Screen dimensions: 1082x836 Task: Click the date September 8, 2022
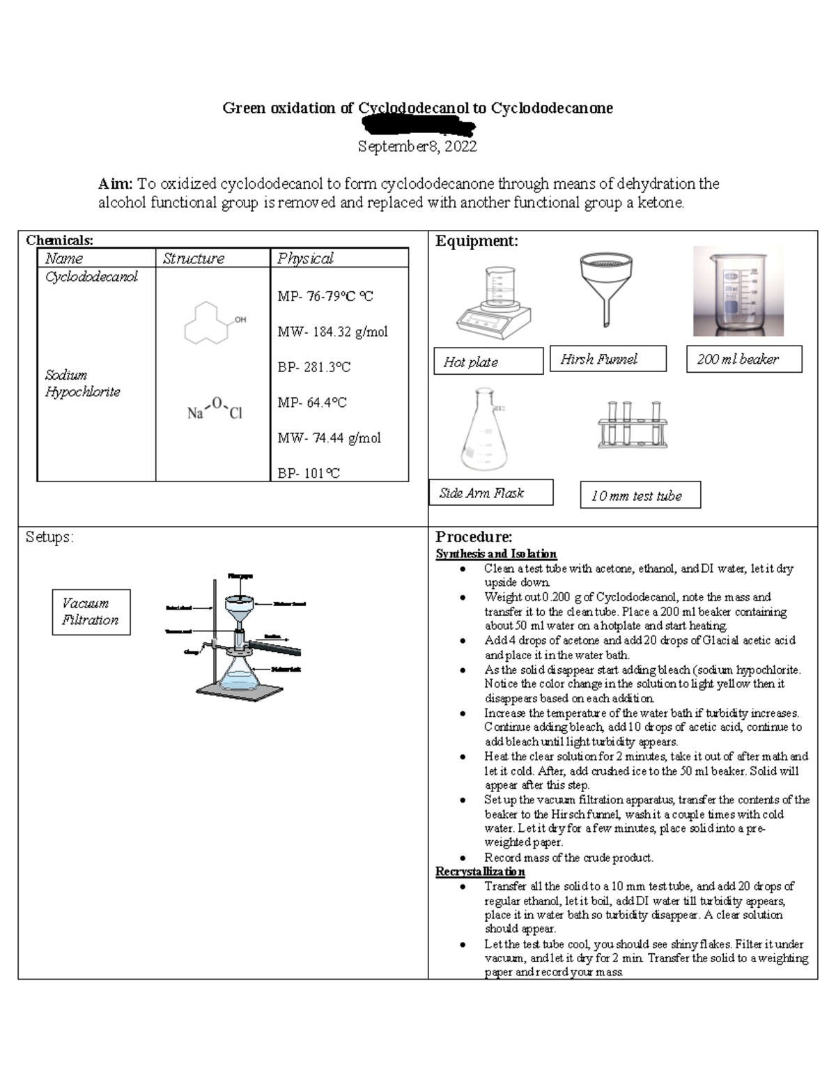[x=417, y=146]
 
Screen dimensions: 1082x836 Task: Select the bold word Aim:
[x=115, y=184]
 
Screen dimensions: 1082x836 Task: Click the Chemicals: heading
[x=59, y=240]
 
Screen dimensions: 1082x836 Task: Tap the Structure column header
[x=193, y=258]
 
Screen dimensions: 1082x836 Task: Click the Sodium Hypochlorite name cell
[x=82, y=383]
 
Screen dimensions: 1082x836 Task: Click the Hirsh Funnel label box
[x=607, y=359]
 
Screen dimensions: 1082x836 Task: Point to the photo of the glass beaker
[x=738, y=291]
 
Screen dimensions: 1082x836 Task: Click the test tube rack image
[x=632, y=424]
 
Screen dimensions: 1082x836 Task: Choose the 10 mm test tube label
[x=640, y=495]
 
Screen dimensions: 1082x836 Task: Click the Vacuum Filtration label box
[x=91, y=612]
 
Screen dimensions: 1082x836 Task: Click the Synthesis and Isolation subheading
[x=496, y=554]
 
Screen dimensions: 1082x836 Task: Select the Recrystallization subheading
[x=480, y=872]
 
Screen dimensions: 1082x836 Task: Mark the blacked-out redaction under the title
[x=418, y=127]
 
